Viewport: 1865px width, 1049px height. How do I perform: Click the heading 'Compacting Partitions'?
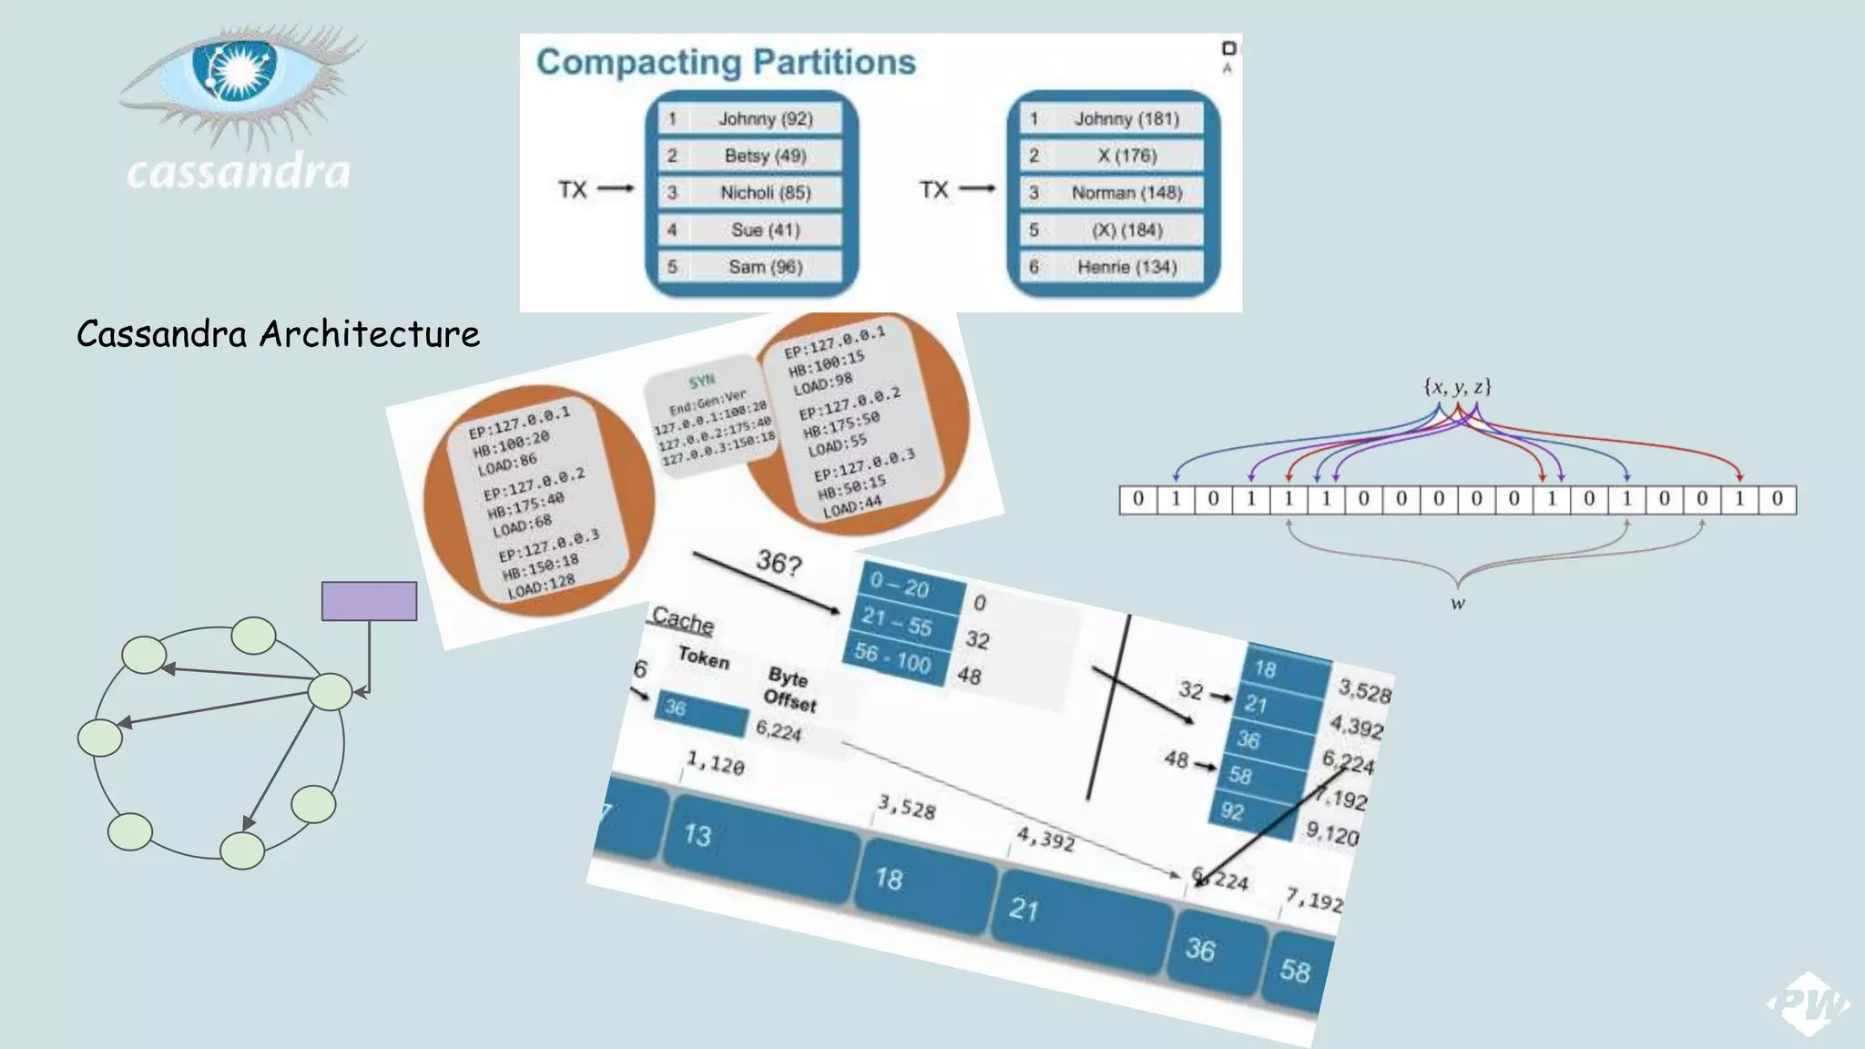tap(726, 62)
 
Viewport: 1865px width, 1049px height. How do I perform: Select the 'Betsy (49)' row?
tap(751, 156)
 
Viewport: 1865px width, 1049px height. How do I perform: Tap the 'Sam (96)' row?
tap(751, 267)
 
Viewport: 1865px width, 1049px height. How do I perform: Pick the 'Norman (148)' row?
tap(1112, 193)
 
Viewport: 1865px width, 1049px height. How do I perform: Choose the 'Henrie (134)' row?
tap(1112, 267)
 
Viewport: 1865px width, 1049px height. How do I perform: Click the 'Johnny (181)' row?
tap(1112, 118)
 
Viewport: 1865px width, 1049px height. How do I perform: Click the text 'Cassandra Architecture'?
tap(278, 334)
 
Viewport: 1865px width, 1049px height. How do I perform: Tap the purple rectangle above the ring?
tap(369, 601)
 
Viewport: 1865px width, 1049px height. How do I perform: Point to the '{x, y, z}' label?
tap(1457, 387)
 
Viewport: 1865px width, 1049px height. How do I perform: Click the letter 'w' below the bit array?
tap(1458, 604)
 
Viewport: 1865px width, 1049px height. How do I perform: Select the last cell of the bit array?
tap(1777, 499)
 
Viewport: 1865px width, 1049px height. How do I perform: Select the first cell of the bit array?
tap(1138, 499)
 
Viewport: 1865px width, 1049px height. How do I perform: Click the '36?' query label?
tap(779, 563)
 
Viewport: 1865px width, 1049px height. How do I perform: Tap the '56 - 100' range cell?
tap(892, 657)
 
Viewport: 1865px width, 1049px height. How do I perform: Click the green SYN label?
tap(701, 381)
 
